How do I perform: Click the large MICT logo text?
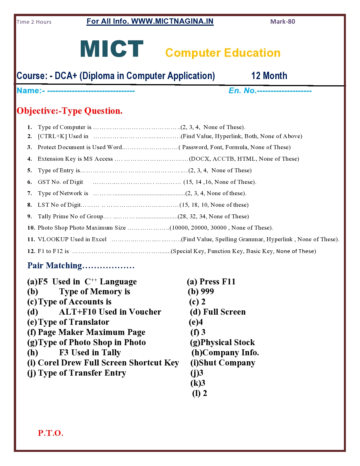click(112, 49)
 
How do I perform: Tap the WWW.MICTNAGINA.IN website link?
click(172, 21)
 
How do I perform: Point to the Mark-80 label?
click(283, 22)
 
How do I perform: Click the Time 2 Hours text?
click(34, 22)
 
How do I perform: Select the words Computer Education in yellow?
click(223, 53)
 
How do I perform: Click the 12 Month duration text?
click(269, 76)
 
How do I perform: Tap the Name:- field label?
click(30, 91)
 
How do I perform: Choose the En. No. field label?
click(242, 91)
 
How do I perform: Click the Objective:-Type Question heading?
click(69, 111)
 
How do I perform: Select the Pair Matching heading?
click(54, 265)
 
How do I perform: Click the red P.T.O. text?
click(51, 433)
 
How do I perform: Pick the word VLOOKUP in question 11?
click(53, 239)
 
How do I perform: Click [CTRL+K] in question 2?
click(52, 136)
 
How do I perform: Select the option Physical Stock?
click(228, 342)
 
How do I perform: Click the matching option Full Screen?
click(224, 312)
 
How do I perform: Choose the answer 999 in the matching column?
click(207, 291)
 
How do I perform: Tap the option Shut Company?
click(227, 363)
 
